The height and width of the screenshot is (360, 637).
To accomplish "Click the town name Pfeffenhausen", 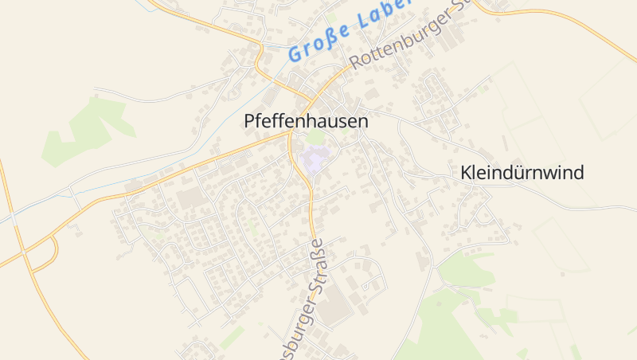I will (306, 122).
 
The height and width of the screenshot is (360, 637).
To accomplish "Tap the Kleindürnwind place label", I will (522, 173).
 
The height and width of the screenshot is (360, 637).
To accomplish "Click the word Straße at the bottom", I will (317, 264).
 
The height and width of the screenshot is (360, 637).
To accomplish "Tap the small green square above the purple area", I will (316, 137).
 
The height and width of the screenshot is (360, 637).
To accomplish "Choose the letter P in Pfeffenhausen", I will (248, 122).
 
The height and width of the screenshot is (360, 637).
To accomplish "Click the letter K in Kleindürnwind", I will (466, 173).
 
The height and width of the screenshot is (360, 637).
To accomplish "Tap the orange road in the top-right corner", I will (557, 12).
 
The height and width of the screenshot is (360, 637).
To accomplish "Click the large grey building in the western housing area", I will (190, 198).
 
